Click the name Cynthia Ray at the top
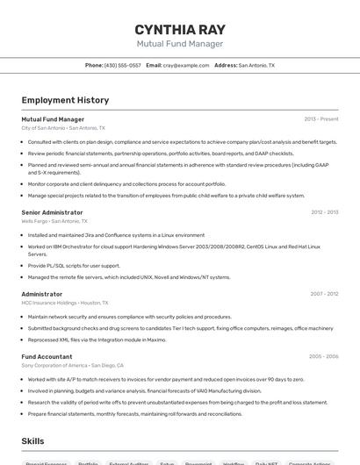[179, 26]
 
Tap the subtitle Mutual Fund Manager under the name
[179, 43]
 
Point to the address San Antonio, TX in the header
[256, 65]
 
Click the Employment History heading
[65, 100]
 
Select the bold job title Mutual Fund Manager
[53, 119]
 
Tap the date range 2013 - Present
[320, 119]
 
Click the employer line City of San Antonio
[63, 128]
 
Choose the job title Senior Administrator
[52, 212]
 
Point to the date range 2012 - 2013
[324, 212]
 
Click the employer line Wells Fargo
[54, 221]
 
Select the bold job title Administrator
[42, 294]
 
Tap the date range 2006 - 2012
[324, 294]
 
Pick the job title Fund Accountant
[47, 356]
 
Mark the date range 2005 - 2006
[323, 356]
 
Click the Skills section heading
[33, 440]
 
